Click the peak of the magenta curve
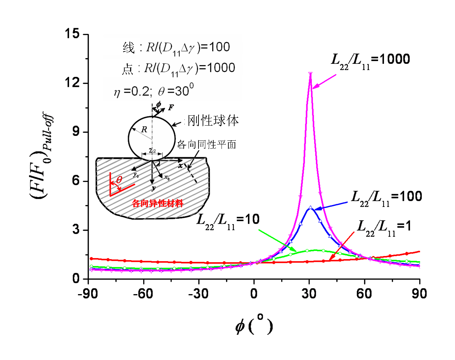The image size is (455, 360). point(310,73)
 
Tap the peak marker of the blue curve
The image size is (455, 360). point(310,208)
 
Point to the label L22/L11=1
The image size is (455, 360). point(384,228)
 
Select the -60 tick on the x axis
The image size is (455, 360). point(143,294)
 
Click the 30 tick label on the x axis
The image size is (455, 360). point(309,294)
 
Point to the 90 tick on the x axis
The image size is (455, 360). point(419,294)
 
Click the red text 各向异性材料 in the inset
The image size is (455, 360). point(158,204)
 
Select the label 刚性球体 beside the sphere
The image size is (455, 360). point(213,120)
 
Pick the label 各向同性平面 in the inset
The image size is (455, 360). point(206,144)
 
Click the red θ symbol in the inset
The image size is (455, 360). point(119,180)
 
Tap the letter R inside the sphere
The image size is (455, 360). point(144,129)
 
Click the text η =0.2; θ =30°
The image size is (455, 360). point(153,91)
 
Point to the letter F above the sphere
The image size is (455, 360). point(171,108)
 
